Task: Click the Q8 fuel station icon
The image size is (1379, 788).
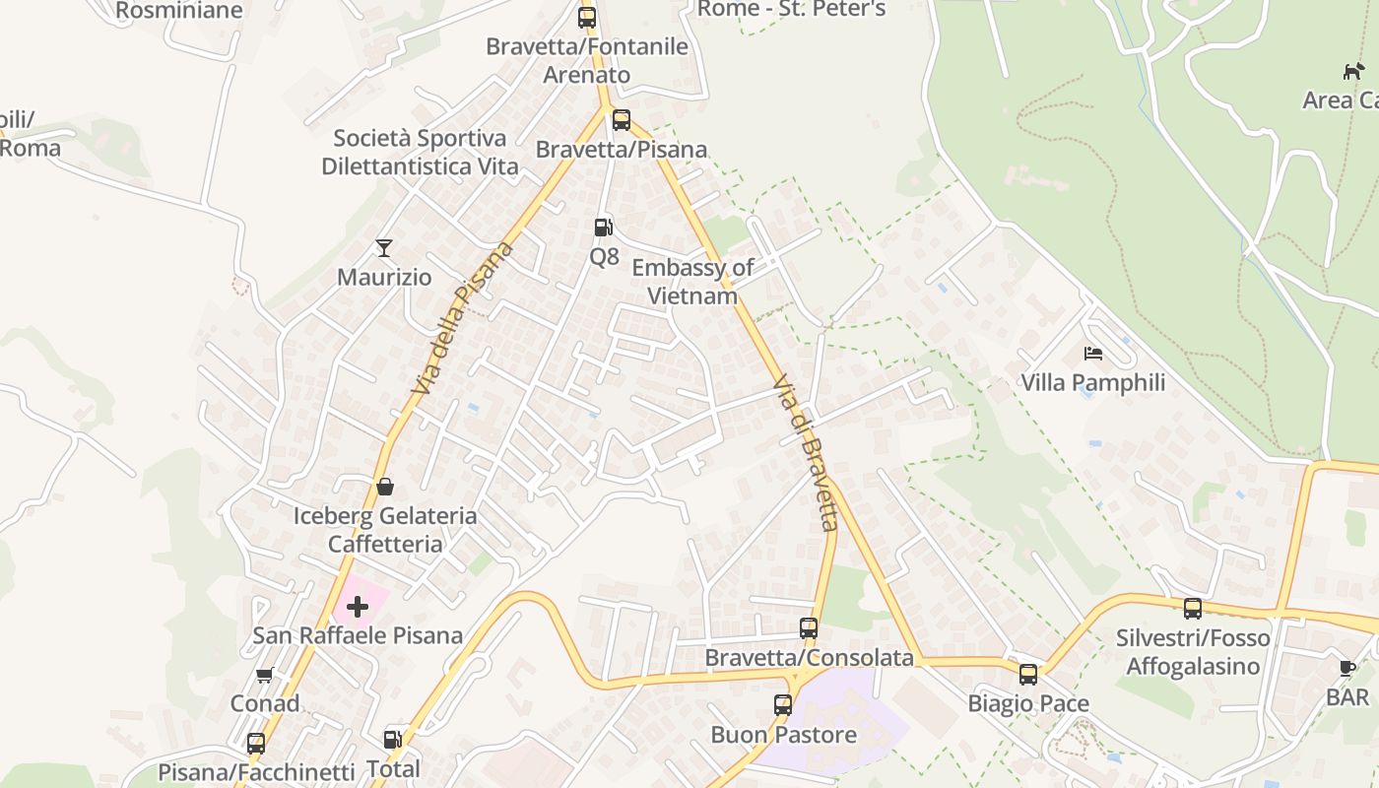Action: [603, 228]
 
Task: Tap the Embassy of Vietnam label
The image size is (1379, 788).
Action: [692, 282]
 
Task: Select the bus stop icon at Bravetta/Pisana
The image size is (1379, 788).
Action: [621, 120]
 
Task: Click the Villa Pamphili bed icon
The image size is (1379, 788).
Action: [1092, 354]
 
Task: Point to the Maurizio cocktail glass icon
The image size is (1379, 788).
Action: [384, 248]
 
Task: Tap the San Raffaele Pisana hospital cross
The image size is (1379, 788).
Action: [358, 606]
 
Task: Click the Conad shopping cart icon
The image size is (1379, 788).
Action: [264, 676]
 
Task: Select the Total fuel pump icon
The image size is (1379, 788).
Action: [392, 739]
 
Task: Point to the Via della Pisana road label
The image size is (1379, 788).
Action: [463, 318]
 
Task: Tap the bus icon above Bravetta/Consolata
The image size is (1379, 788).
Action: [808, 627]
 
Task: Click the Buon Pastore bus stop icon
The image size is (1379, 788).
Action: [782, 705]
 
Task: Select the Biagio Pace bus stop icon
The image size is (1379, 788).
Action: [1027, 675]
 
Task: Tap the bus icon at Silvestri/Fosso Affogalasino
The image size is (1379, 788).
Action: [1192, 609]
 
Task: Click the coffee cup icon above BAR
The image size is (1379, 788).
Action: [1347, 669]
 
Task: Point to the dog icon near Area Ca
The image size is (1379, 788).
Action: [1354, 71]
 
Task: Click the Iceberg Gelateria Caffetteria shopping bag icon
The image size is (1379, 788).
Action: [385, 487]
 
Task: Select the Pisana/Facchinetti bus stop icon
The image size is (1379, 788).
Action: [256, 744]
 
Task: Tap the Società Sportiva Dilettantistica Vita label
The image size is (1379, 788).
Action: [420, 152]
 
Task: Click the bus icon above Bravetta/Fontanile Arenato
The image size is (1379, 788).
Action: [587, 17]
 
